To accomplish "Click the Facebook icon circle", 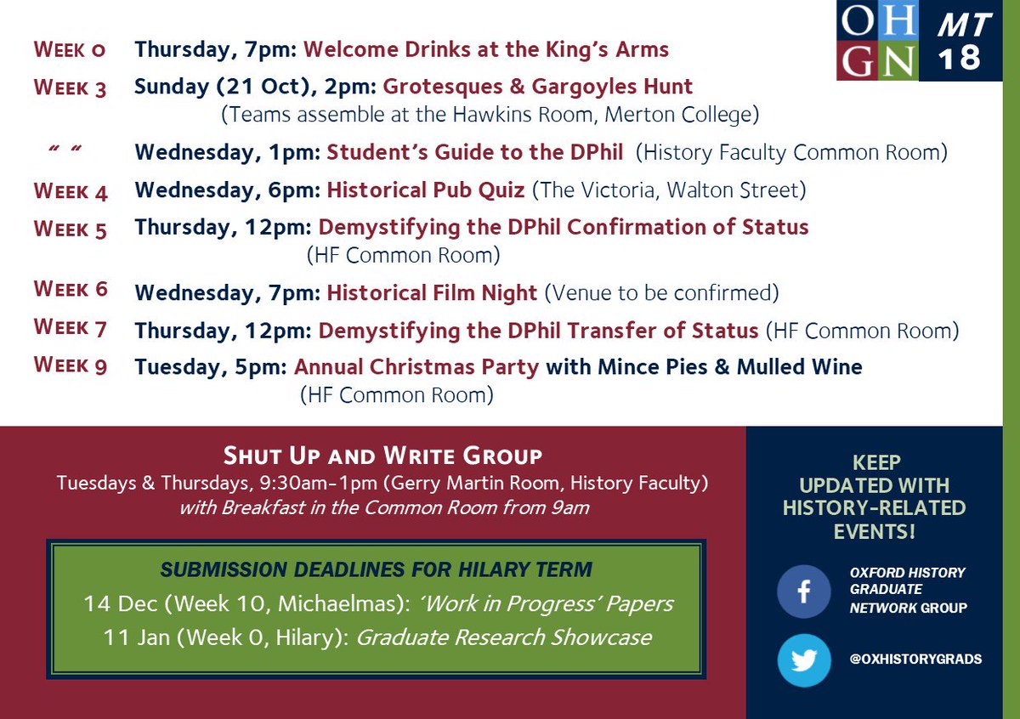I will (803, 592).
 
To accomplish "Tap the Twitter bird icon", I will (803, 659).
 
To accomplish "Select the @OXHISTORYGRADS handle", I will (915, 659).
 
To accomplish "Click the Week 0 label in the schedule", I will (70, 49).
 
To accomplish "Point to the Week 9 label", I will (71, 365).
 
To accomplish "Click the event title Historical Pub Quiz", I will (426, 190).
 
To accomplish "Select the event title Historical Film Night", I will (432, 293).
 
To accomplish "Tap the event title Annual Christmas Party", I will (416, 367).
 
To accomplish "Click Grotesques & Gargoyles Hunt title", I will (537, 86).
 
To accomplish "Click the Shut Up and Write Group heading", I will (382, 456).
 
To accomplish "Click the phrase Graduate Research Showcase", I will (503, 637).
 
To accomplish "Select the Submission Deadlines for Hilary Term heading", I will (376, 569).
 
